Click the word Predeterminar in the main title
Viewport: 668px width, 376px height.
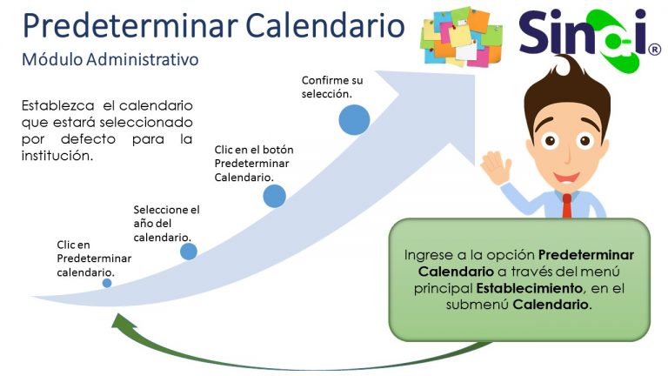coord(130,27)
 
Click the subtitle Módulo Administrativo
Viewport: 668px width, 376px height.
coord(110,60)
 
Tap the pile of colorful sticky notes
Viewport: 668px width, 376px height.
coord(461,37)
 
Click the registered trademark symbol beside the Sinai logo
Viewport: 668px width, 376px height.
coord(654,50)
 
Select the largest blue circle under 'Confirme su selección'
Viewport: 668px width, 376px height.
coord(354,120)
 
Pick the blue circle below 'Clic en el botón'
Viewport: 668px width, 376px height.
coord(274,196)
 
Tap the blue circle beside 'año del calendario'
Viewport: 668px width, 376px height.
coord(188,252)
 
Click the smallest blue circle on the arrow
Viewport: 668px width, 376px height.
coord(107,283)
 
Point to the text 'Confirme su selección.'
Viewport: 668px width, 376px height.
coord(332,87)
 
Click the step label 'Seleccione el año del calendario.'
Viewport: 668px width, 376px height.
coord(167,224)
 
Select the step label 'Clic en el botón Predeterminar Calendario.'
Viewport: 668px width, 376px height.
coord(254,164)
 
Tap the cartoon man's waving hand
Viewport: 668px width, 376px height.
coord(497,168)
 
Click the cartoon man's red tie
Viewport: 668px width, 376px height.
coord(566,206)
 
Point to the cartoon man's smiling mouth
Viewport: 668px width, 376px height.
coord(566,177)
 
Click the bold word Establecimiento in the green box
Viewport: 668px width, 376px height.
coord(529,288)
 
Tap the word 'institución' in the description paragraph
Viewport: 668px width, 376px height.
coord(57,156)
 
